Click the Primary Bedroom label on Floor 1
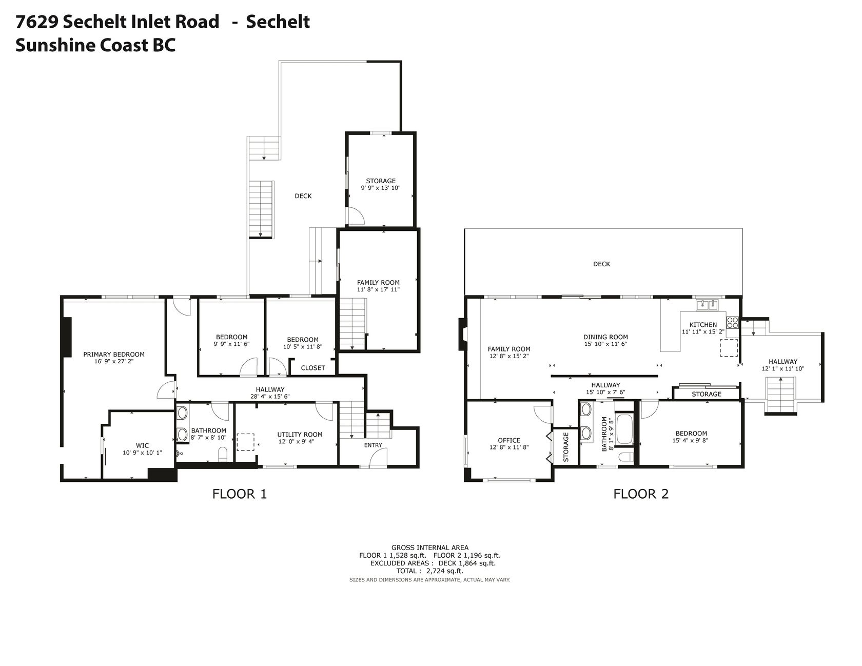114,354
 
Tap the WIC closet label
142,445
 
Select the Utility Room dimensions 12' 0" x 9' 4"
300,442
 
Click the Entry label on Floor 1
373,445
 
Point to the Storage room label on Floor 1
381,181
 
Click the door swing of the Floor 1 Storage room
355,217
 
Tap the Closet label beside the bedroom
312,367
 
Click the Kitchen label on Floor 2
703,324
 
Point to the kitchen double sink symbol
708,305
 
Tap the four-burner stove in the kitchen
732,323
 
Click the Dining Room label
605,337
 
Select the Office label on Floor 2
509,440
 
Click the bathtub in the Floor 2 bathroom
624,430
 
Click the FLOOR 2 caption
641,494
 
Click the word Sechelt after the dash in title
278,22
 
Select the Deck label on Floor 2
601,264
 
